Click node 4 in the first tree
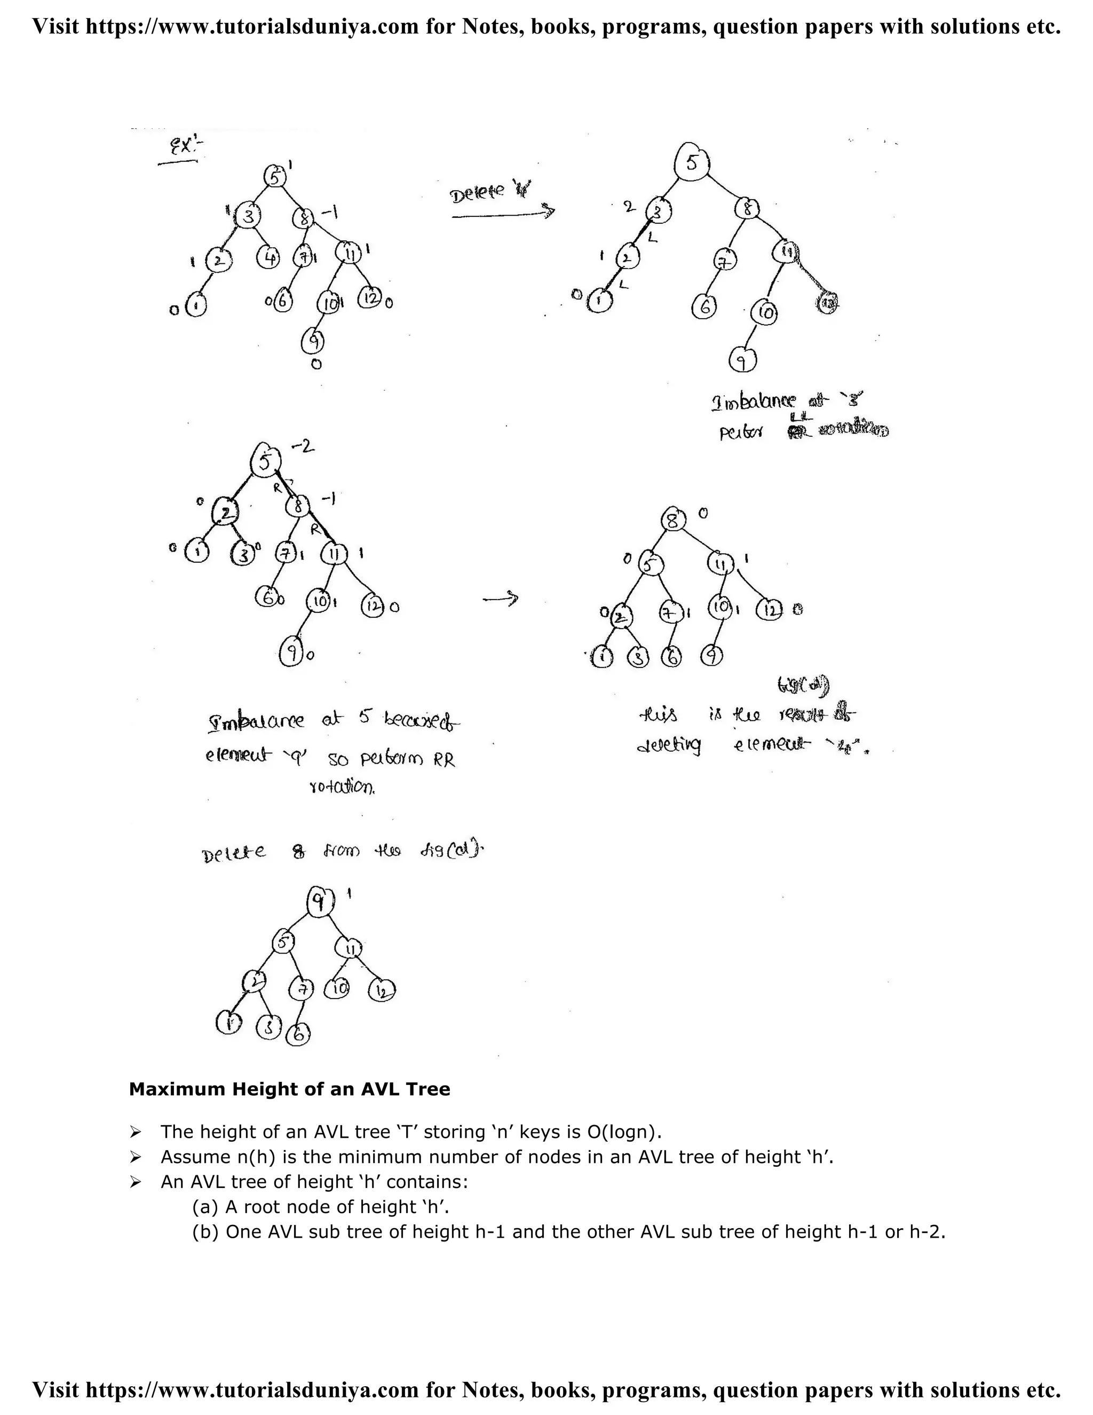coord(269,258)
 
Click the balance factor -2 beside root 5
coord(301,446)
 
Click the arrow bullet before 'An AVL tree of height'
coord(136,1182)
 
